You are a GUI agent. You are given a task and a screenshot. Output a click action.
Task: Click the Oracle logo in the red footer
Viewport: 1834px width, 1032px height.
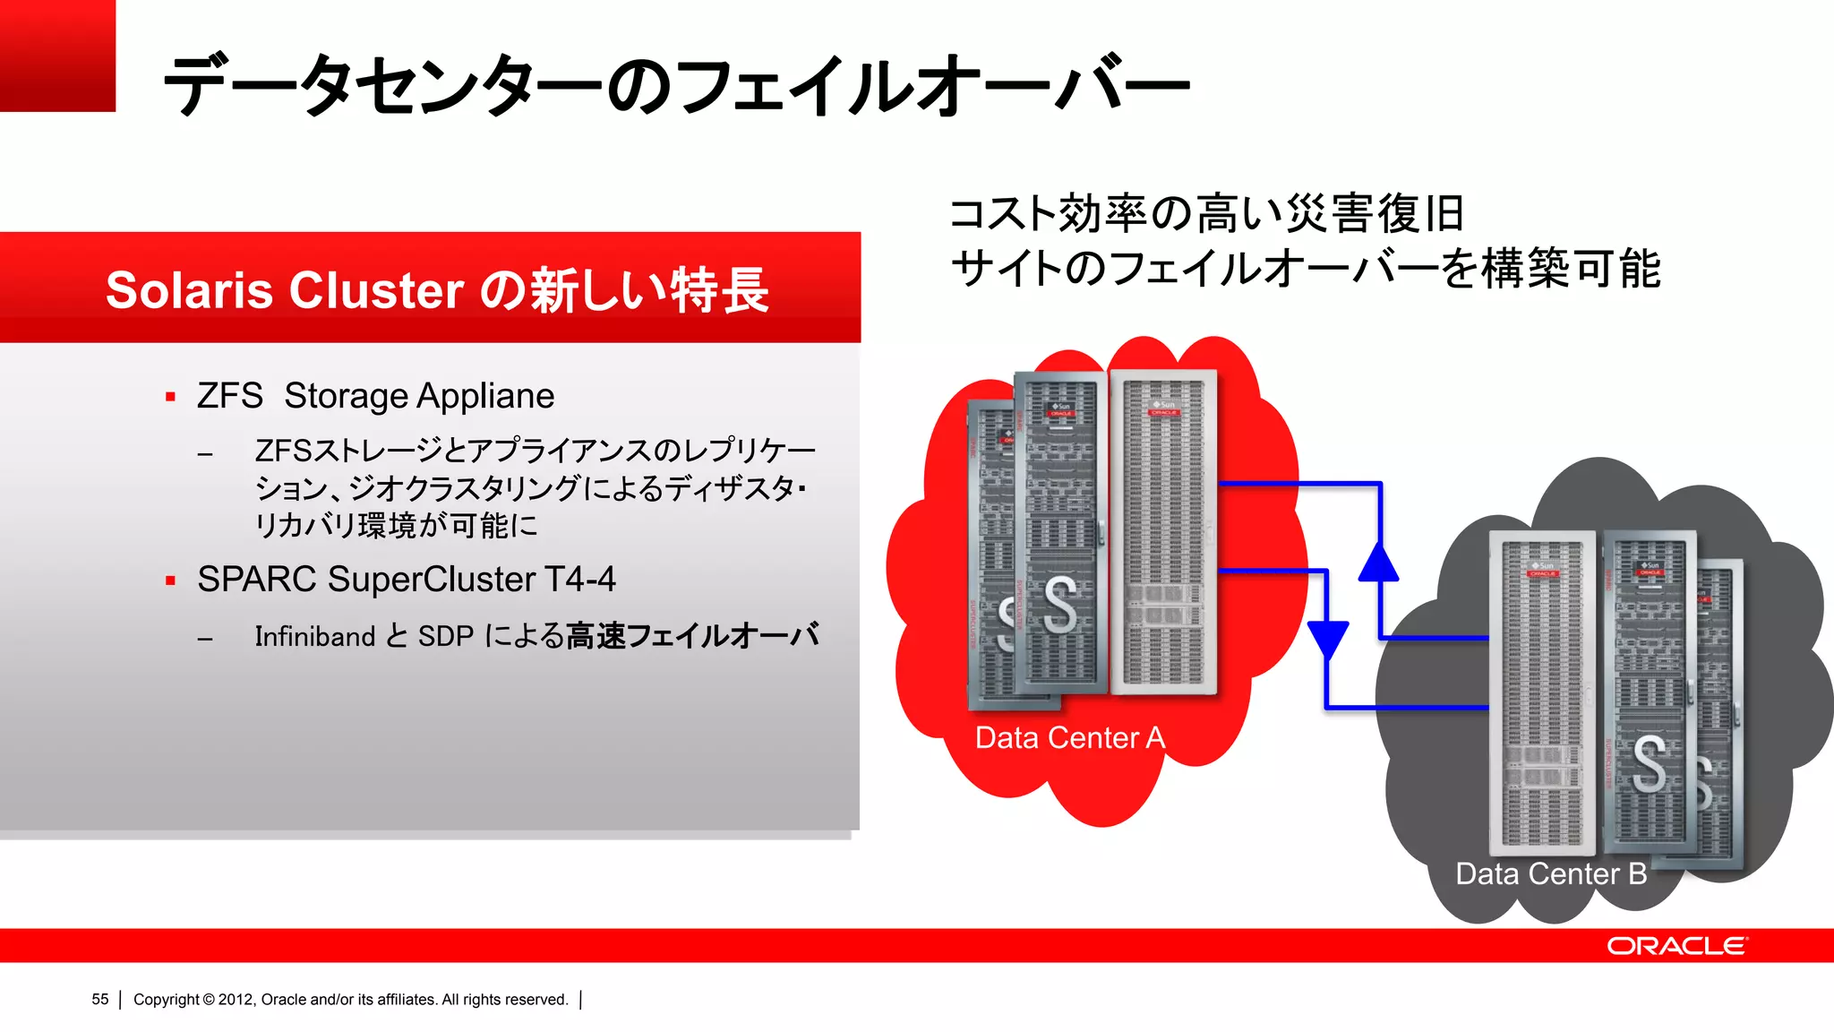pos(1676,946)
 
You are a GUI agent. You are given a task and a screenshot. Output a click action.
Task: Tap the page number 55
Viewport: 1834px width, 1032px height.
pos(99,999)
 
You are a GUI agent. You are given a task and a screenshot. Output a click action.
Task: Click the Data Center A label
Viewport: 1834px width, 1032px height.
pos(1069,737)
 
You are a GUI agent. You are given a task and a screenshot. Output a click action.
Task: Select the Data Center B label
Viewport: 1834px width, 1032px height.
pos(1550,873)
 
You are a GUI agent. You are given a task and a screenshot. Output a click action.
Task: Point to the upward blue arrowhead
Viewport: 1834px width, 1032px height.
pos(1379,562)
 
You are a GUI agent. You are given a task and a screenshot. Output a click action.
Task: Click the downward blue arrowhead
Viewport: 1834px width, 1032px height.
pos(1327,639)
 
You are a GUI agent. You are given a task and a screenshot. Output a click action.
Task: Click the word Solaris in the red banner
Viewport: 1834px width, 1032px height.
pos(189,290)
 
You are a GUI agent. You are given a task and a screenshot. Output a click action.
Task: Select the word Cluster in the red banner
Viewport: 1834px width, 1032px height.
pos(375,290)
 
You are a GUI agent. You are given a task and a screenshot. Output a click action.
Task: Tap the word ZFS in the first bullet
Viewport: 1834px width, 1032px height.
pos(229,396)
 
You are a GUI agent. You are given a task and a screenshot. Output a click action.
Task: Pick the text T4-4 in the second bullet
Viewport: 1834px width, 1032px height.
pos(579,579)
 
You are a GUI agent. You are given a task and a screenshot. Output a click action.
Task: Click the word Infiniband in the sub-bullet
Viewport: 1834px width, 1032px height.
pos(314,636)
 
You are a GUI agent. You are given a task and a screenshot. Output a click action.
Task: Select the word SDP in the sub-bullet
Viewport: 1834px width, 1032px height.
pos(445,636)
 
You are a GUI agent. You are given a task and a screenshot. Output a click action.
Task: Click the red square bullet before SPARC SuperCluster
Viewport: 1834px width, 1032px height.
pos(170,580)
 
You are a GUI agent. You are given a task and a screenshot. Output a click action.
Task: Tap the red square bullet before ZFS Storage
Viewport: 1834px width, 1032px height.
pos(170,397)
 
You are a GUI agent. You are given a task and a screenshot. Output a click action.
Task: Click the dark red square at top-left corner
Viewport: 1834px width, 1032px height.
pos(57,56)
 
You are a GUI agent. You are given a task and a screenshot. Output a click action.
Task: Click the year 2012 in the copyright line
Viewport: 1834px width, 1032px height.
pos(236,999)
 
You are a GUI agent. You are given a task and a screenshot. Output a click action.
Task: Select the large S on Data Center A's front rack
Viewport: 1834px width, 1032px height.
pos(1059,606)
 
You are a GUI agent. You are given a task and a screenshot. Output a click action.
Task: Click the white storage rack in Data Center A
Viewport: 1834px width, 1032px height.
pos(1163,533)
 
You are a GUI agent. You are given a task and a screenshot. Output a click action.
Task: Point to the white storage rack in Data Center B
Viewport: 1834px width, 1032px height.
pos(1541,694)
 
